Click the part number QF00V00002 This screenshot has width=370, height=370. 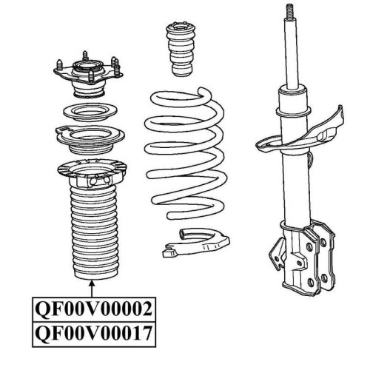pos(93,309)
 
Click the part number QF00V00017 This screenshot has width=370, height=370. pos(93,333)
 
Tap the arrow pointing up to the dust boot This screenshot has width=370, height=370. pos(92,289)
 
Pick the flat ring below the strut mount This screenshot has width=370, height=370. pos(90,112)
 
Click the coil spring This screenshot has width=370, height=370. pos(185,153)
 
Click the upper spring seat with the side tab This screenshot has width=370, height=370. pos(90,139)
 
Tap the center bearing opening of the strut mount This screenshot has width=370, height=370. pos(87,66)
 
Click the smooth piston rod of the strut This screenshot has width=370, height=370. pos(292,53)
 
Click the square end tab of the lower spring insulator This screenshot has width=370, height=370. pos(169,253)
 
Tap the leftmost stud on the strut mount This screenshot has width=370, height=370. pos(60,65)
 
